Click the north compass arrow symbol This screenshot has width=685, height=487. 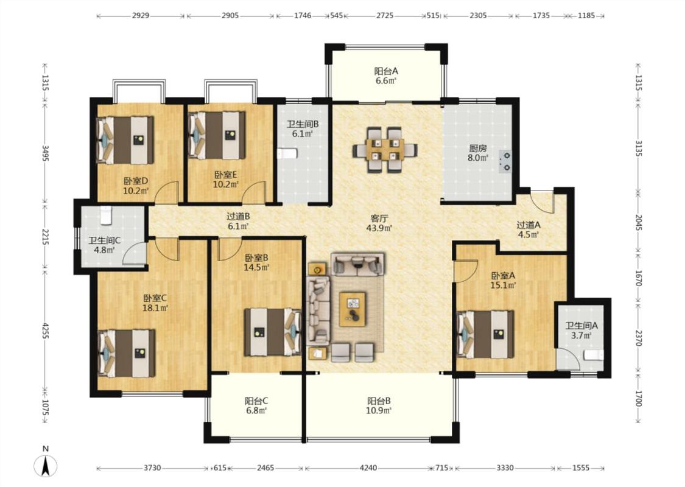click(46, 466)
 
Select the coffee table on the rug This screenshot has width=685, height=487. click(353, 309)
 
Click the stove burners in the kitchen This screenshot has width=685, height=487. click(506, 161)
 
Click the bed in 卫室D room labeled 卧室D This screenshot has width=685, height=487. click(125, 140)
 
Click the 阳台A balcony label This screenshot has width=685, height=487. click(386, 71)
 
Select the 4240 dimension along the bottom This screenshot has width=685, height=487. click(368, 468)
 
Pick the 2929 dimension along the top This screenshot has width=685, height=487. click(140, 16)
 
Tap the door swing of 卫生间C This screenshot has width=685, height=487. click(134, 254)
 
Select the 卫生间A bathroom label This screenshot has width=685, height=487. click(581, 326)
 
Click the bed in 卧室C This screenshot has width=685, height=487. click(126, 353)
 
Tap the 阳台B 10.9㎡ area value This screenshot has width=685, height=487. click(379, 410)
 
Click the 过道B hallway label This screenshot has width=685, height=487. click(238, 216)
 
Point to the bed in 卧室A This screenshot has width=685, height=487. click(485, 334)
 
